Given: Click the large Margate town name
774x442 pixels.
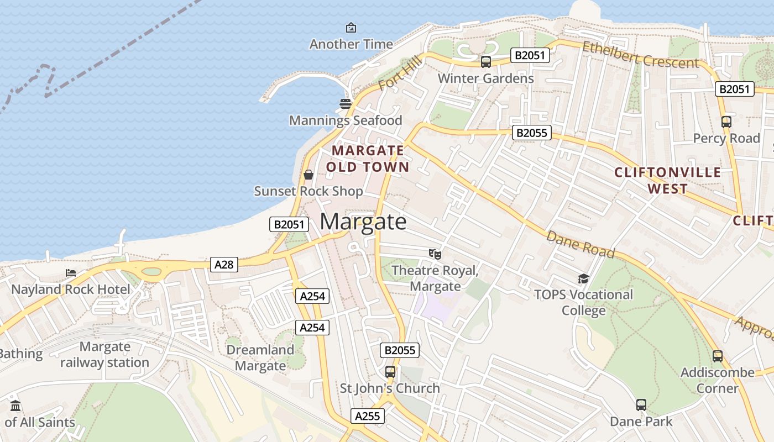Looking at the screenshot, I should pyautogui.click(x=363, y=222).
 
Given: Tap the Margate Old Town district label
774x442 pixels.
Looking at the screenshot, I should pyautogui.click(x=368, y=159).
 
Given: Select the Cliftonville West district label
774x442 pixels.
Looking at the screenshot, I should pyautogui.click(x=668, y=181).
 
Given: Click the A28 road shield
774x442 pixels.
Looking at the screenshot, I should pyautogui.click(x=224, y=265).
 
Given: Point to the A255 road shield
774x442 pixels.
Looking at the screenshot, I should pyautogui.click(x=368, y=416).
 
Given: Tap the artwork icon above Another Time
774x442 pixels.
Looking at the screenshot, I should pyautogui.click(x=351, y=28).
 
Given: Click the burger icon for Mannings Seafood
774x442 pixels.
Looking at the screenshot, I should pyautogui.click(x=346, y=104).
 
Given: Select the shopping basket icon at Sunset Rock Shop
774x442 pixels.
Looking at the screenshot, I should pyautogui.click(x=308, y=175).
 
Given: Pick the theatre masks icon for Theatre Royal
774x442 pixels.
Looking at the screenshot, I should pyautogui.click(x=435, y=254).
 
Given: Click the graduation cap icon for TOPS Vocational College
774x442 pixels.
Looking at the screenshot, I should pyautogui.click(x=583, y=278).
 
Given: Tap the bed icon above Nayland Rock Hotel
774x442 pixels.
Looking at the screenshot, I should pyautogui.click(x=71, y=273).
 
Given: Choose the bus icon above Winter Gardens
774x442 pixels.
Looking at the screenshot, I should pyautogui.click(x=486, y=62).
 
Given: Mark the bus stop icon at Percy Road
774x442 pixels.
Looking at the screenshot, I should pyautogui.click(x=726, y=122).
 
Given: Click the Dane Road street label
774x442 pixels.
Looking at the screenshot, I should pyautogui.click(x=580, y=244).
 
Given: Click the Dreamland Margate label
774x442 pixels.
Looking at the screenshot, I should pyautogui.click(x=260, y=357).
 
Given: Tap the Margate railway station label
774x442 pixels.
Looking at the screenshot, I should pyautogui.click(x=104, y=355).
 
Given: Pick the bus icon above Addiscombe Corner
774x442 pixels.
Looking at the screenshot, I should pyautogui.click(x=718, y=356).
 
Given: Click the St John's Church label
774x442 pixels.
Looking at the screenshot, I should pyautogui.click(x=390, y=388).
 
